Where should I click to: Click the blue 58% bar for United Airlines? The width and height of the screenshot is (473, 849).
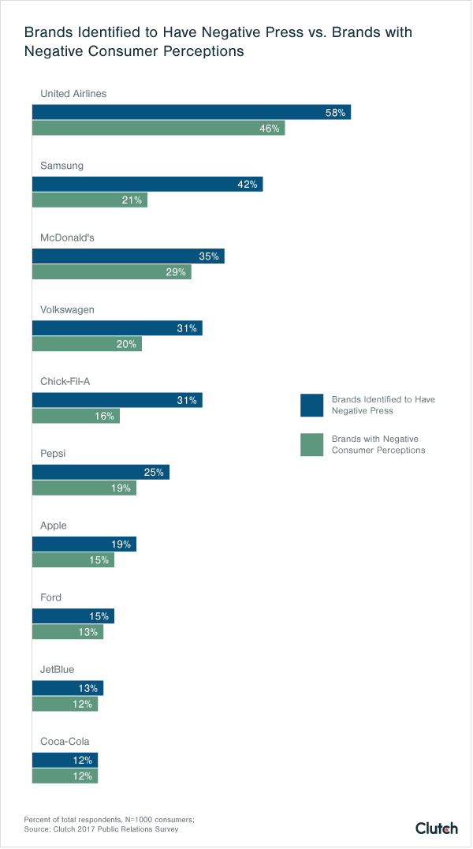[191, 112]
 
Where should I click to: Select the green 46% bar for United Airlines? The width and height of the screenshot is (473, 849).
[158, 129]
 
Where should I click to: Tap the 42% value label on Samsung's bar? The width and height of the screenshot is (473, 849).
[248, 185]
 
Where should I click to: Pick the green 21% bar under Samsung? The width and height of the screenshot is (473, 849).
[89, 200]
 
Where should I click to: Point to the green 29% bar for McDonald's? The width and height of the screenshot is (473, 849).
[111, 272]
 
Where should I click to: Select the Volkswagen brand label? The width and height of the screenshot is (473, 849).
[67, 309]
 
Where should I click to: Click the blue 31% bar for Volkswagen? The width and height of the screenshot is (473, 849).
[117, 328]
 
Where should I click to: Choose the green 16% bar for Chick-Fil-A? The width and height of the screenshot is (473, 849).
[76, 416]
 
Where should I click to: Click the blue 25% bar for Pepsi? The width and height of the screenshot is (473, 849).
[100, 472]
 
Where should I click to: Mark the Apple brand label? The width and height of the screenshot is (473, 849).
[54, 525]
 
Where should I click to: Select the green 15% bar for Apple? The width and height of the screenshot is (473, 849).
[73, 560]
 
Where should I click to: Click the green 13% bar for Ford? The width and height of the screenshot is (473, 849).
[67, 632]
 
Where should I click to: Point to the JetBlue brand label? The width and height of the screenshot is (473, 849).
[57, 669]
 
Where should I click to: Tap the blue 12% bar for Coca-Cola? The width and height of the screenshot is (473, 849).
[65, 760]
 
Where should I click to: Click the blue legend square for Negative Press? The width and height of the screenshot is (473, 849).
[312, 405]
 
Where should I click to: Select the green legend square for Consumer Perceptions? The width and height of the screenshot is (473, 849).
[312, 445]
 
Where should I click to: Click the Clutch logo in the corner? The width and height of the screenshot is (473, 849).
[436, 828]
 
